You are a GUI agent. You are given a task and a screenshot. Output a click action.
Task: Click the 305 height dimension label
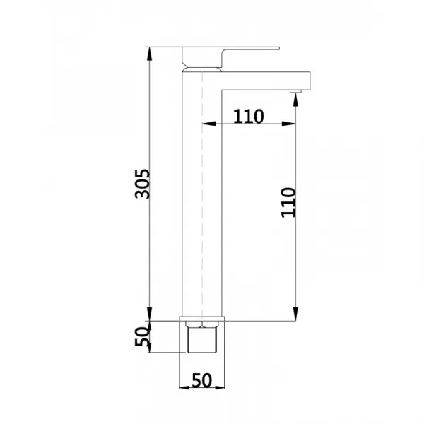[142, 184]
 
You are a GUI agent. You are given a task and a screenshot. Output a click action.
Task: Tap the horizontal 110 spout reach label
[248, 117]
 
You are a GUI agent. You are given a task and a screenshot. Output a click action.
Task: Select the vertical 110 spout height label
[288, 203]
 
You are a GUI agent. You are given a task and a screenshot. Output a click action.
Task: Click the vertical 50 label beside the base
[142, 336]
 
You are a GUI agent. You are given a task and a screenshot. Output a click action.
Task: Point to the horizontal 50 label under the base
[201, 380]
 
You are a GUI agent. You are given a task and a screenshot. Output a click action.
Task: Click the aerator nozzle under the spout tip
[295, 92]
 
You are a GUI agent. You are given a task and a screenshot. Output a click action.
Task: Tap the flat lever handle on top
[231, 49]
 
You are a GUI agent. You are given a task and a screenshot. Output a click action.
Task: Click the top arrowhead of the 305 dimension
[149, 54]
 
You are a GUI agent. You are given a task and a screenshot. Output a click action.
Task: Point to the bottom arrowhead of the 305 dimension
[149, 314]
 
